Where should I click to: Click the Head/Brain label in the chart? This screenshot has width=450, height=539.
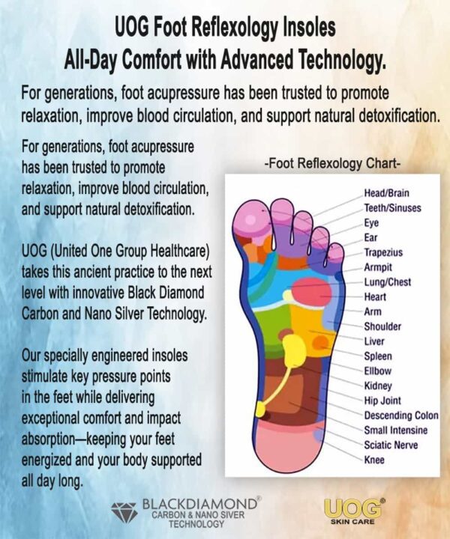click(x=387, y=193)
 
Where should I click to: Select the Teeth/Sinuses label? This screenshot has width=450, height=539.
click(x=392, y=207)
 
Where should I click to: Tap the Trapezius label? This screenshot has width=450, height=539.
click(x=383, y=252)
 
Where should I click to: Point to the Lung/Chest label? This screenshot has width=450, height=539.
click(x=388, y=282)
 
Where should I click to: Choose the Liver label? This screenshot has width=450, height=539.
click(x=374, y=341)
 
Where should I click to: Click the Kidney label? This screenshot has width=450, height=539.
click(x=378, y=386)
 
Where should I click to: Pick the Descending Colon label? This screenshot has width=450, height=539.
click(x=401, y=415)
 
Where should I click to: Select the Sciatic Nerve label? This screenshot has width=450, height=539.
click(x=391, y=445)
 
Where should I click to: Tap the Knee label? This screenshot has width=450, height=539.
click(x=374, y=460)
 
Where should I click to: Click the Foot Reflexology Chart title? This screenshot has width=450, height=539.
click(x=332, y=163)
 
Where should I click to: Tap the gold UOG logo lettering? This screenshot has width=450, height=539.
click(x=353, y=508)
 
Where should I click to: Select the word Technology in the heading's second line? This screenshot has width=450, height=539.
click(x=340, y=60)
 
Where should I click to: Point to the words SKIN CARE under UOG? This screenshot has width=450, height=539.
click(x=353, y=522)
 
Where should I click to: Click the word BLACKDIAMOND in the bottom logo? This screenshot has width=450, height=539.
click(x=199, y=505)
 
